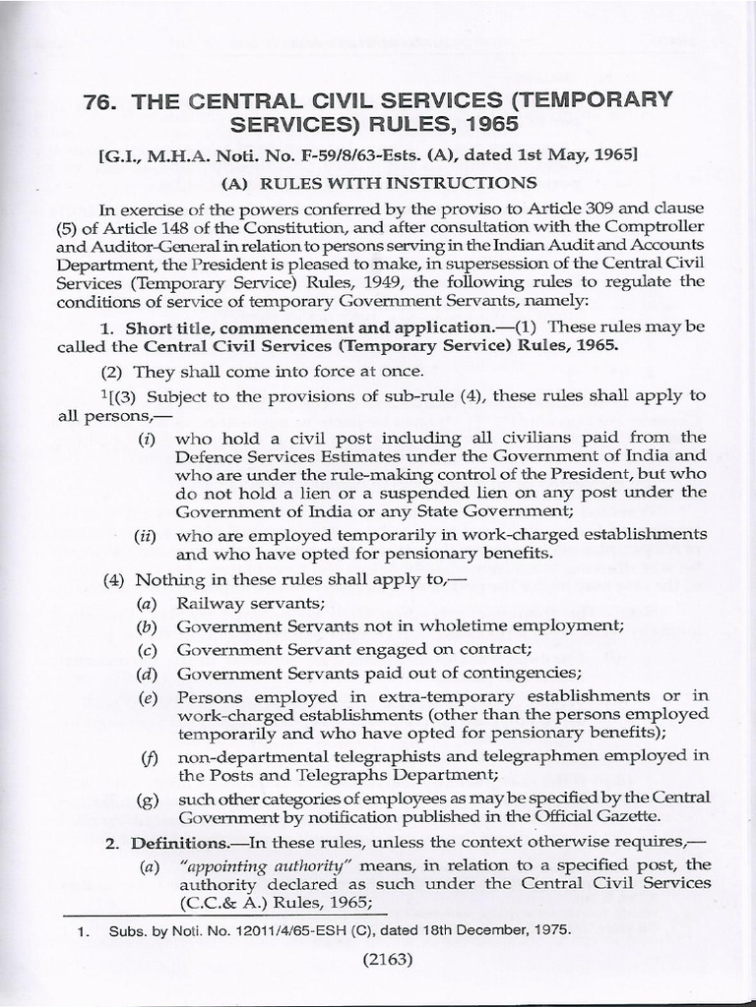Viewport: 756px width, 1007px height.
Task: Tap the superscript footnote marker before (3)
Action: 103,391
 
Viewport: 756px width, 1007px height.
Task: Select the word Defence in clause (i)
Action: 204,456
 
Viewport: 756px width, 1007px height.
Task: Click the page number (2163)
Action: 379,964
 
